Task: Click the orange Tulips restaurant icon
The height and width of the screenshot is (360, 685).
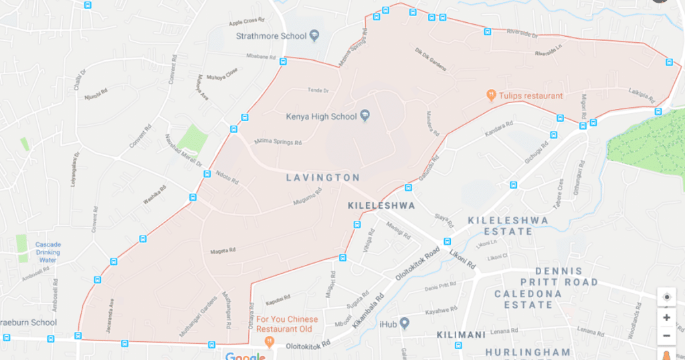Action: tap(491, 96)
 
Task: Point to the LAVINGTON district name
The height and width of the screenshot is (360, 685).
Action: tap(323, 178)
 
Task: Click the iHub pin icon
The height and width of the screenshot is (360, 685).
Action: tap(404, 323)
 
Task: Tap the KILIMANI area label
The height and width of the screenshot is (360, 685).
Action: tap(460, 333)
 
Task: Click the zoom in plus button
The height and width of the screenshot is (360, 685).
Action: tap(666, 318)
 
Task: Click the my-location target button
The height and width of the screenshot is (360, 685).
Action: tap(666, 298)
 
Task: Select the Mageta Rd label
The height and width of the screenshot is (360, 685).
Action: tap(223, 250)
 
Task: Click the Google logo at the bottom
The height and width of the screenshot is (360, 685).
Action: tap(245, 355)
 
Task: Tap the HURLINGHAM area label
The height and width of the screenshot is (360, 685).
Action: tap(528, 352)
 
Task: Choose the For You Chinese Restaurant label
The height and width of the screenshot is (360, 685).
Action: tap(287, 324)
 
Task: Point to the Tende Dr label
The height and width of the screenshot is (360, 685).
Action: tap(318, 90)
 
